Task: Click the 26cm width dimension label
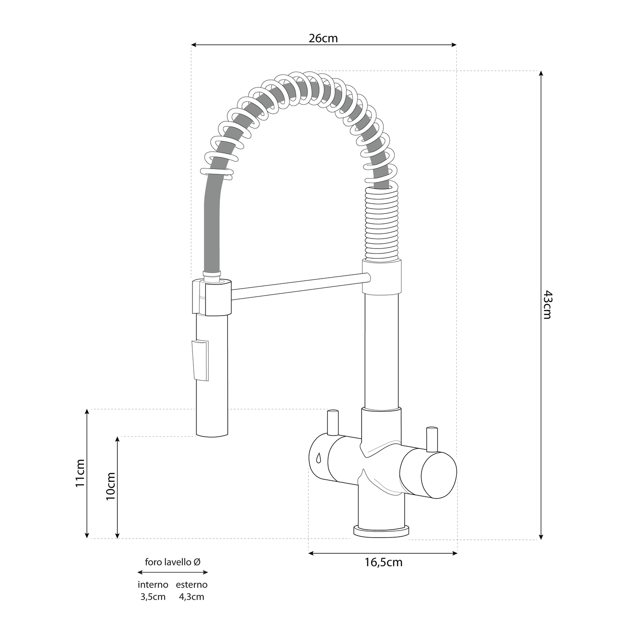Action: [323, 38]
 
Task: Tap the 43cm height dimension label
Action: [548, 305]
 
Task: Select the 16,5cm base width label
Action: [383, 562]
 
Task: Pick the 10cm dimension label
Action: [110, 486]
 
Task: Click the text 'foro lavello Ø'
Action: [173, 562]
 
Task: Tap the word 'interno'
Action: [153, 585]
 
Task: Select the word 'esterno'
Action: [192, 585]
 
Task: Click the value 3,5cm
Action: [153, 597]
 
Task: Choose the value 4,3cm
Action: [192, 597]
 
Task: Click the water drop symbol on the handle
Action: [318, 458]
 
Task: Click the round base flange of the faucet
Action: [382, 531]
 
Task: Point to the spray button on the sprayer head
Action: [199, 360]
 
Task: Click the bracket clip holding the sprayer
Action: [211, 298]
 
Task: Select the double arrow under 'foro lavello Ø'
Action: [173, 572]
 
